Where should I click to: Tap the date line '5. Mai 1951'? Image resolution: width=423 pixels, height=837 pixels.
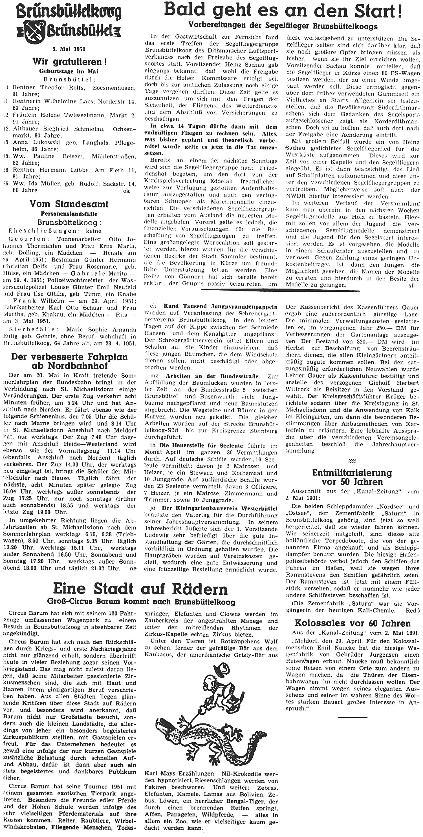point(69,49)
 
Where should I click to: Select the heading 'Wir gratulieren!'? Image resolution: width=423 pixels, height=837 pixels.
point(69,62)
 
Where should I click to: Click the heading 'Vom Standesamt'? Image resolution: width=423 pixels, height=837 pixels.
point(69,204)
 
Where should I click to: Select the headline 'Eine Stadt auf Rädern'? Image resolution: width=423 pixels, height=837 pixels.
point(140,588)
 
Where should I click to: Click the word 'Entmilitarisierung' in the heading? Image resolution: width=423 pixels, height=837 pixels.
point(352,472)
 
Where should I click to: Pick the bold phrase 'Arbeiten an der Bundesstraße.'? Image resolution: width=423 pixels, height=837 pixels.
point(213,376)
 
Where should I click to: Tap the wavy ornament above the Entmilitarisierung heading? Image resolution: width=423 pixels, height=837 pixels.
point(352,461)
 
